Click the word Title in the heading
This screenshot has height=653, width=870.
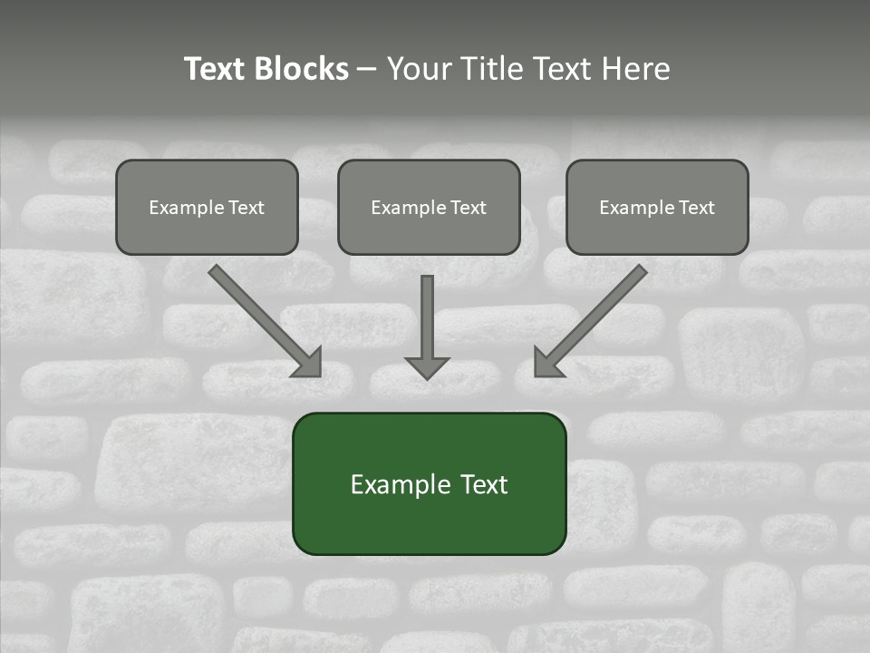[x=487, y=69]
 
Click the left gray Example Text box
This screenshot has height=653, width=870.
[x=207, y=207]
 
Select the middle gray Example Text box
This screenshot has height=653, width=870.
[x=429, y=207]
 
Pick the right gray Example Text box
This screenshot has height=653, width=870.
[x=657, y=207]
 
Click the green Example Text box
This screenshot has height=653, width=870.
[x=429, y=483]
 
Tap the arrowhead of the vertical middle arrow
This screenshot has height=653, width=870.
[x=427, y=367]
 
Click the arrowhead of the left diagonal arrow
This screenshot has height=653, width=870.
[x=309, y=364]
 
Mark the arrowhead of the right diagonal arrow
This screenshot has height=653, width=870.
[x=547, y=364]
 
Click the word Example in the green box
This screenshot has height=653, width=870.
[x=395, y=484]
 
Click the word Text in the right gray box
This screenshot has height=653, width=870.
[x=696, y=208]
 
